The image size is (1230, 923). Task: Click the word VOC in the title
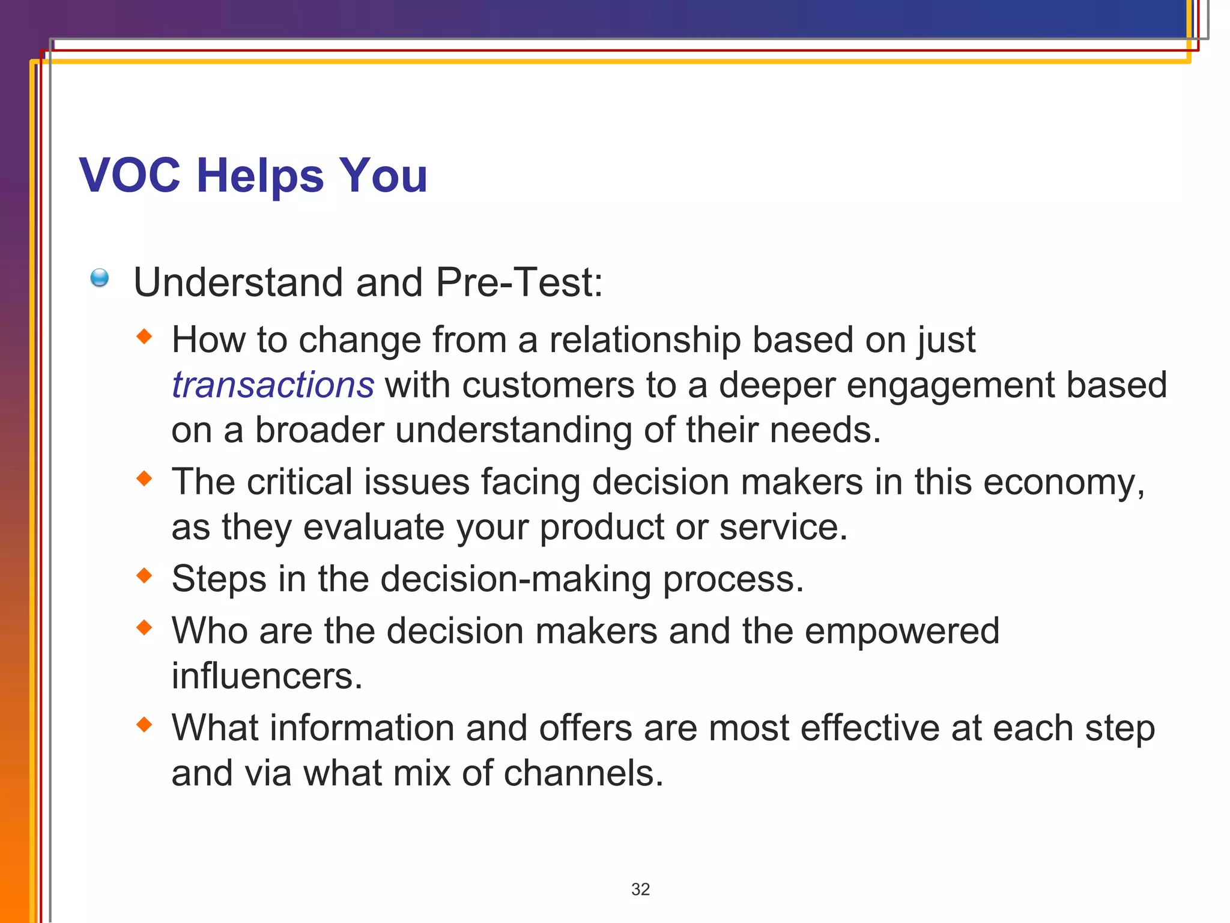(x=130, y=175)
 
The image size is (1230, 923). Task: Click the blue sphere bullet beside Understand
(x=100, y=278)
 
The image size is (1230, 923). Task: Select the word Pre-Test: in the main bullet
(x=519, y=282)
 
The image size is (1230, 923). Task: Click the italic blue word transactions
(x=273, y=385)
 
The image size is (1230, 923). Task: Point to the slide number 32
(x=640, y=889)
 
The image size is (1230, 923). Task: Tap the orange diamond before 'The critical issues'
(x=145, y=479)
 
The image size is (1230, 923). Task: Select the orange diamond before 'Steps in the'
(x=145, y=576)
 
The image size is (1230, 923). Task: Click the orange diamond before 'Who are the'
(x=145, y=628)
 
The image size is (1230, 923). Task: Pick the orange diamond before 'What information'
(x=145, y=725)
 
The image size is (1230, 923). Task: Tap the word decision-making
(x=515, y=579)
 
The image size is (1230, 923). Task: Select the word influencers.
(x=267, y=677)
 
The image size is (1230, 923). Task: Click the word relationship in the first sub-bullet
(x=645, y=340)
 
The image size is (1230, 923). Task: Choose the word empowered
(x=902, y=632)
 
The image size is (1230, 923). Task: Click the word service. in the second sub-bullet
(x=783, y=528)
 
